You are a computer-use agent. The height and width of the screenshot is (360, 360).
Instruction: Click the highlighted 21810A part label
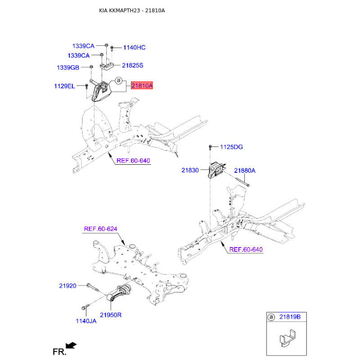tap(142, 85)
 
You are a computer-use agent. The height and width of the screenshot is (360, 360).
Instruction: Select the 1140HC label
tap(134, 48)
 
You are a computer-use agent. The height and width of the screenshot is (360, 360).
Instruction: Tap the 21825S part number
tap(132, 65)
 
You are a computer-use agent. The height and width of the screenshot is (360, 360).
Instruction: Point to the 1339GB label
tap(68, 67)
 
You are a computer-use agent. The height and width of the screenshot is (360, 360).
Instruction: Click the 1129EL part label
tap(64, 86)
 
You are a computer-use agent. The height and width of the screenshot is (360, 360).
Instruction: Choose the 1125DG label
tap(231, 147)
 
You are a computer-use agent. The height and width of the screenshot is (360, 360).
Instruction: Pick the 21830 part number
tap(190, 170)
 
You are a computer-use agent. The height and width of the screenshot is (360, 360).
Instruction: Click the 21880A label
tap(245, 171)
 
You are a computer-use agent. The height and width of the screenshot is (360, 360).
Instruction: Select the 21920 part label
tap(68, 286)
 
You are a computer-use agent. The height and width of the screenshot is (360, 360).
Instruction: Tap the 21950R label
tap(111, 315)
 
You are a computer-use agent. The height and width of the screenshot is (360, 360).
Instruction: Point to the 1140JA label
tap(86, 321)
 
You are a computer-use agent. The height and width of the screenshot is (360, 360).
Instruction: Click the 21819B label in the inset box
tap(290, 317)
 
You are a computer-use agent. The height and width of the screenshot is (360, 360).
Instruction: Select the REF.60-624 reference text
tap(100, 229)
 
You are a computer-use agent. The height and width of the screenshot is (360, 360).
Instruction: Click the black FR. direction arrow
tap(71, 345)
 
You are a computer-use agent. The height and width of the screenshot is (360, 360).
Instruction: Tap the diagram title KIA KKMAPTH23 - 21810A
tap(132, 10)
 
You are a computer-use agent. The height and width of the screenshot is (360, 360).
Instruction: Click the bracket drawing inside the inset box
tap(288, 338)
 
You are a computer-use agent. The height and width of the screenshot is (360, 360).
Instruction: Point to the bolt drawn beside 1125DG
tap(210, 147)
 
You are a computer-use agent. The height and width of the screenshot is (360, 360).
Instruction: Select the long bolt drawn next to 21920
tap(93, 287)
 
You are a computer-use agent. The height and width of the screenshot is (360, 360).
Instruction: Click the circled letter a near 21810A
tap(118, 81)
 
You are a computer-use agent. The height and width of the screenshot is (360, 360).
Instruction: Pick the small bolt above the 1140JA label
tap(85, 307)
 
